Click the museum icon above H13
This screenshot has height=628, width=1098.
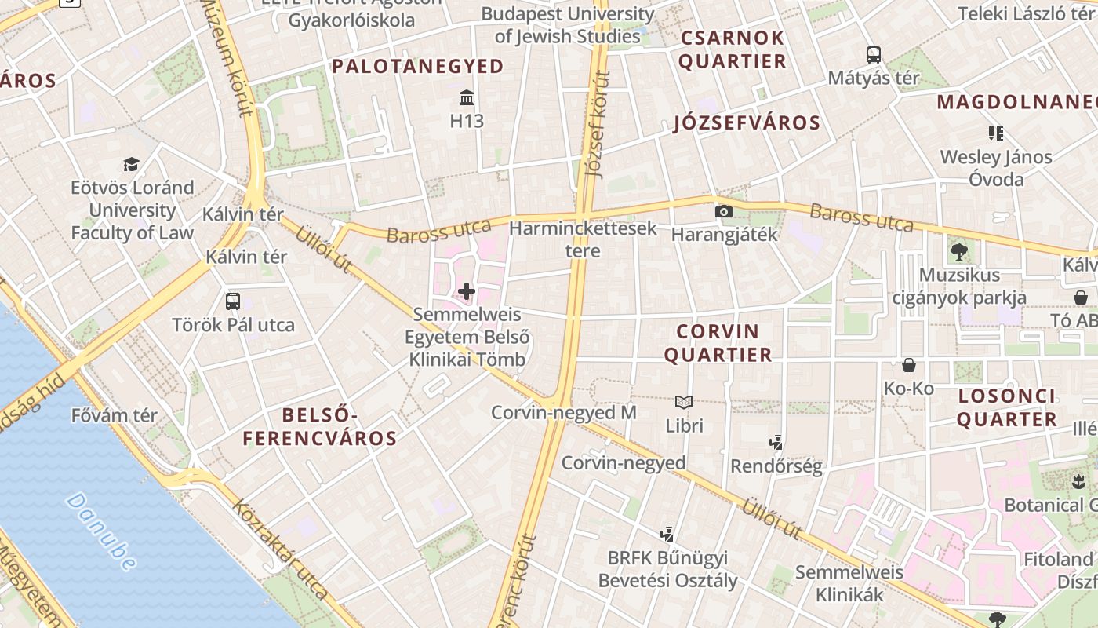coord(467,98)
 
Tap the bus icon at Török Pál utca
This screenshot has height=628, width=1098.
coord(233,301)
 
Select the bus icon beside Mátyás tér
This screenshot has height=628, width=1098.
coord(874,55)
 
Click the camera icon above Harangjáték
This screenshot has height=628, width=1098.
coord(724,211)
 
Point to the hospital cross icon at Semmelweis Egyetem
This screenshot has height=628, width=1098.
coord(467,292)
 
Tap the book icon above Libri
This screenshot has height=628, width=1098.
coord(684,403)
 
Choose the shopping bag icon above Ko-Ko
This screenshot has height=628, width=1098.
coord(909,365)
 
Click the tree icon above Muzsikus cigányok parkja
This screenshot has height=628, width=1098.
coord(958,252)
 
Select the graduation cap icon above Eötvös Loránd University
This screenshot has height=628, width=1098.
coord(132,164)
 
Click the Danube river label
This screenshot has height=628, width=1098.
coord(101,531)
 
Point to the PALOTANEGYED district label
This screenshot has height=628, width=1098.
coord(417,67)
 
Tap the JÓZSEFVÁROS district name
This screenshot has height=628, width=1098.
coord(747,123)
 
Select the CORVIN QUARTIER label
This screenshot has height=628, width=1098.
coord(718,343)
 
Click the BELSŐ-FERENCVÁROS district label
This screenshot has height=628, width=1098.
coord(320,426)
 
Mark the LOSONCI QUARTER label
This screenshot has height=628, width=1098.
coord(1007,407)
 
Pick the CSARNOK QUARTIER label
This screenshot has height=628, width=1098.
coord(733,49)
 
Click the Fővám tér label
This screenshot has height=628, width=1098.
coord(115,415)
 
